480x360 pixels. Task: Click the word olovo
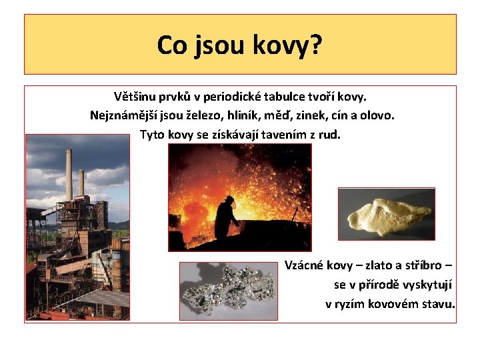(377, 115)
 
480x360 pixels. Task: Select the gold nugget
(387, 214)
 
